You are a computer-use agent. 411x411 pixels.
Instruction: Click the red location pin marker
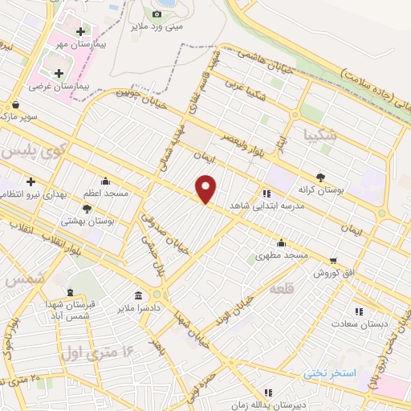pos(207,189)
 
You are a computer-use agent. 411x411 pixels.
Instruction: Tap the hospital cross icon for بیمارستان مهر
pos(80,32)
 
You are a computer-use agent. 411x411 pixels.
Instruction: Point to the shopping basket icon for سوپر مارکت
pos(15,104)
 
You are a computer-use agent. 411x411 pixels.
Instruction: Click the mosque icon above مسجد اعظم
pos(105,181)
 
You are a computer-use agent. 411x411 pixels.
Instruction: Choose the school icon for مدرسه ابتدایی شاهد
pos(266,193)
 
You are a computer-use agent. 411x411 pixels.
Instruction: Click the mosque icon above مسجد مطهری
pos(281,242)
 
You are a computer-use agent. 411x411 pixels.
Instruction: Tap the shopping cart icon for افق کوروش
pos(332,260)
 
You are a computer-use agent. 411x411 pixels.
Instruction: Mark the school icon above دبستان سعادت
pos(359,311)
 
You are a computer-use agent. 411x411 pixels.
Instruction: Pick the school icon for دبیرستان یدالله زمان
pos(267,393)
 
